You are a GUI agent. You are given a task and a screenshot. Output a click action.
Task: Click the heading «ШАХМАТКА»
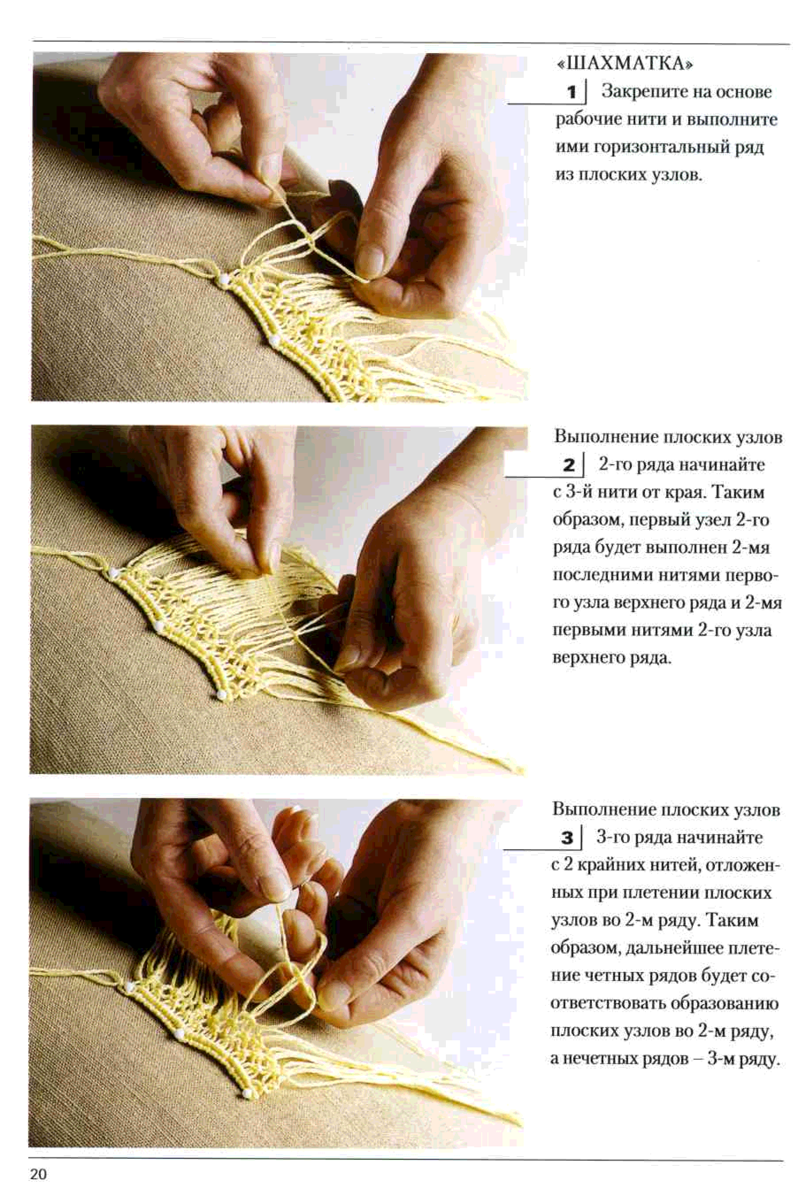(x=625, y=64)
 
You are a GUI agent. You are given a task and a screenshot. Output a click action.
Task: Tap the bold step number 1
(x=572, y=92)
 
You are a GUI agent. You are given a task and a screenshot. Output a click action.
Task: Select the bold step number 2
(x=569, y=465)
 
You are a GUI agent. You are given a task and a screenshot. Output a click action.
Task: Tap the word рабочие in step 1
(x=584, y=120)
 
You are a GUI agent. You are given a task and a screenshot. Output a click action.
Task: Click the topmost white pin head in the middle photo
(x=112, y=573)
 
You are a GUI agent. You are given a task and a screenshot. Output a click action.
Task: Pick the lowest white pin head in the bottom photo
(x=247, y=1093)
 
